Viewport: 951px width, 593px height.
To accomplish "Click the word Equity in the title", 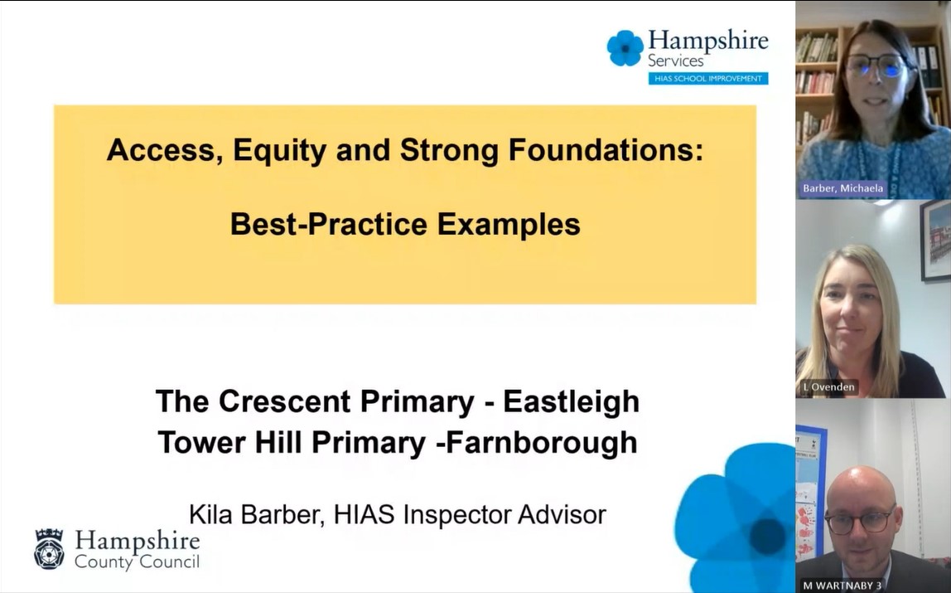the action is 279,150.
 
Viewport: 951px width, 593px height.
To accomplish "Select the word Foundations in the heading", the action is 606,149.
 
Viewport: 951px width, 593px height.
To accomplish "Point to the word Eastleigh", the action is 572,401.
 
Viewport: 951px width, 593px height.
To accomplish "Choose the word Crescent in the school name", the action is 284,401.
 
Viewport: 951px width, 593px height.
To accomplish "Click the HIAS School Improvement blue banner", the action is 707,78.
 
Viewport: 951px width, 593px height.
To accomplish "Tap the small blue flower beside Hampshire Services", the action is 625,48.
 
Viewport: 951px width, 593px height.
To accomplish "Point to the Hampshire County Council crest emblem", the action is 49,549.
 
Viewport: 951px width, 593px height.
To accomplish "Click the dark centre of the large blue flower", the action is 767,537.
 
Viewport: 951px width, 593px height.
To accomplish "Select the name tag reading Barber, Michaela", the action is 842,188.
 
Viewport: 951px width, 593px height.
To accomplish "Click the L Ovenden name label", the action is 828,386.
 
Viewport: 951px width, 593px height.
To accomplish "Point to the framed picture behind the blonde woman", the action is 935,241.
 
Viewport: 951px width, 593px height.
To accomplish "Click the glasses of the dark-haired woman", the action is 876,65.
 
